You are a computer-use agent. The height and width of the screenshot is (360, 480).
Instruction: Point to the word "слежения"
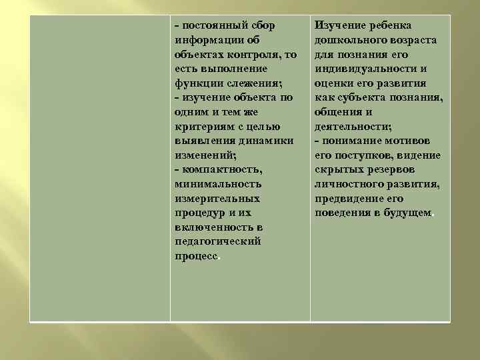tap(255, 83)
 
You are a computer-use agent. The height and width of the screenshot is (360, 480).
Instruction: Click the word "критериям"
tap(205, 127)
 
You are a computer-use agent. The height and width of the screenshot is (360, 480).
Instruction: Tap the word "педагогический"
tap(217, 242)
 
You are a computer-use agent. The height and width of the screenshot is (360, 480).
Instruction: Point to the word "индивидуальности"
tap(365, 69)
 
